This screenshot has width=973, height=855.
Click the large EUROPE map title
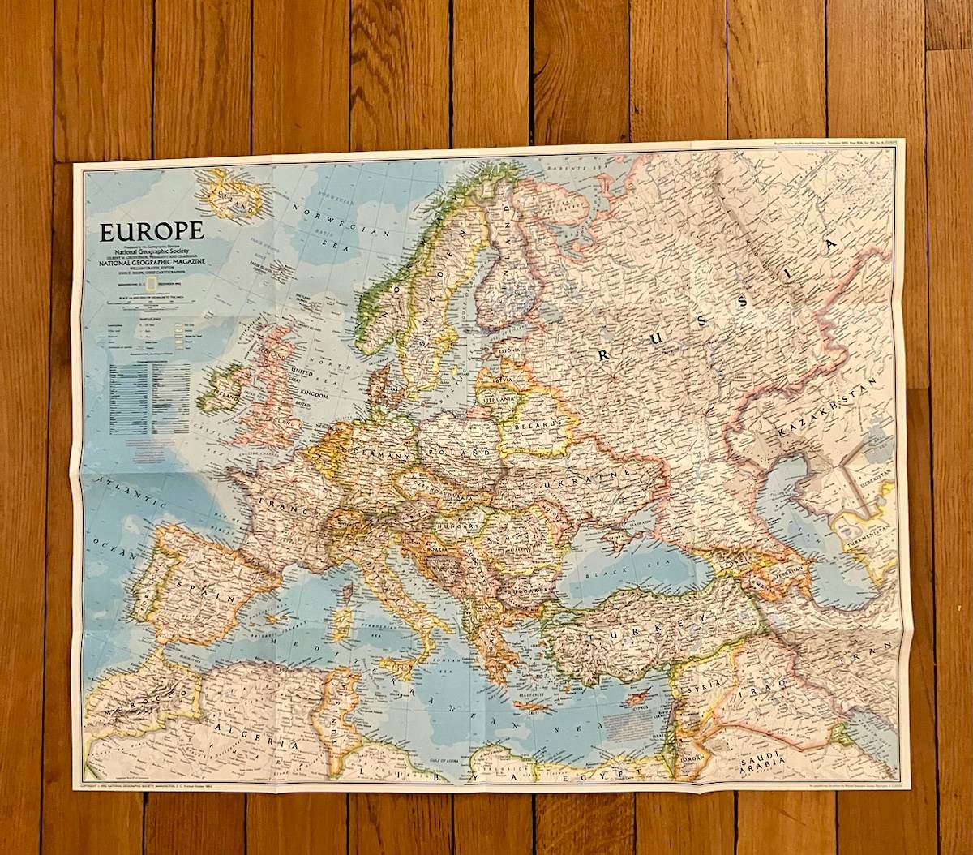[x=152, y=231]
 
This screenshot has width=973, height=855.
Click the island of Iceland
[x=234, y=195]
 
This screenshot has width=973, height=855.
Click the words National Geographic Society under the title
[x=152, y=252]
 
